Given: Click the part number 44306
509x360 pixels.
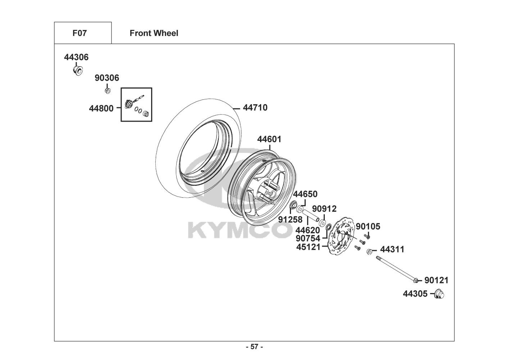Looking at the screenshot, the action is point(76,57).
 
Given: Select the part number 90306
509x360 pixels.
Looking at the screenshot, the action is point(107,78).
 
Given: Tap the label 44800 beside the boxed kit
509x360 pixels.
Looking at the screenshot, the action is point(101,108).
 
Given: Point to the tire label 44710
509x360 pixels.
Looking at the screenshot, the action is point(255,108).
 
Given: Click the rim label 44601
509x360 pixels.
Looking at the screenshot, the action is point(269,139).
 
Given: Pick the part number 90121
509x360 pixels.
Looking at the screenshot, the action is point(436,280).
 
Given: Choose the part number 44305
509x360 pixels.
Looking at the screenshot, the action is point(415,294).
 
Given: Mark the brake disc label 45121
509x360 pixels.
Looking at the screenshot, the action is point(308,247).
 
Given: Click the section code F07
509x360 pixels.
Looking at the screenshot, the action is point(79,33).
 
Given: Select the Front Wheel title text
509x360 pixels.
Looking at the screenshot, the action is point(154,33).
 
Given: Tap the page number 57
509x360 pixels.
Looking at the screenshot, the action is point(255,347).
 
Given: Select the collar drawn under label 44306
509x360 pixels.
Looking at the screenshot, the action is point(78,71).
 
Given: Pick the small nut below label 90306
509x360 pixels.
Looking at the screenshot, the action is point(108,91).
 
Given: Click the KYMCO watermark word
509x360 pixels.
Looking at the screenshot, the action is point(240,230).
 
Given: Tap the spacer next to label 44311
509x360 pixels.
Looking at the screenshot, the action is point(369,252).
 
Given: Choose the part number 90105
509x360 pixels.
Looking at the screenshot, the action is point(368,226).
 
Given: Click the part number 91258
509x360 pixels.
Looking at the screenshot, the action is point(290,220).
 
